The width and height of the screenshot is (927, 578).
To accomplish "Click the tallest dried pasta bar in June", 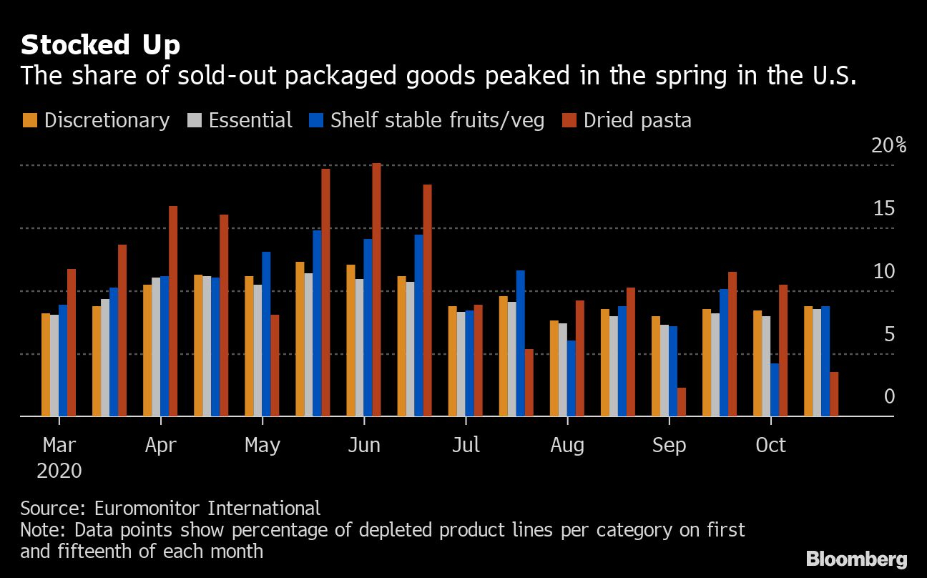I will click(376, 290).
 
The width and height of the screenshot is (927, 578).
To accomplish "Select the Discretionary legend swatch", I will click(29, 120).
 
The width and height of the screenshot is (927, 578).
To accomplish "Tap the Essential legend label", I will click(250, 120).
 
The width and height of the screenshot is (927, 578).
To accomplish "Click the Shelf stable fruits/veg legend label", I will click(437, 120).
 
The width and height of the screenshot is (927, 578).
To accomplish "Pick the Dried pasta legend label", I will click(637, 120).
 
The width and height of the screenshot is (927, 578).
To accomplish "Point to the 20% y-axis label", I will click(889, 145).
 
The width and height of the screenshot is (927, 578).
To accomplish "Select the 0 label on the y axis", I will click(889, 396).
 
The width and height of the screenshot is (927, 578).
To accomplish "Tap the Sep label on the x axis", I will click(669, 445).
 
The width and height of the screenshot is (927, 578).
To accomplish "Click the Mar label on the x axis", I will click(59, 445).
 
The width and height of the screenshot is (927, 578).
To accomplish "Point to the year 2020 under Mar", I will click(59, 471).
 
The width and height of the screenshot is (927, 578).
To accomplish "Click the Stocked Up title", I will click(100, 45).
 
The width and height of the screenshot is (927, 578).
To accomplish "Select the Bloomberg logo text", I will click(856, 559).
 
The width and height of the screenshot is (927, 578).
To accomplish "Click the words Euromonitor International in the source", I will click(207, 509).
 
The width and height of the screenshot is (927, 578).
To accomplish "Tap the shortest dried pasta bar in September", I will click(682, 402).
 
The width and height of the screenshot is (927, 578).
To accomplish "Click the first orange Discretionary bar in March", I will click(46, 365).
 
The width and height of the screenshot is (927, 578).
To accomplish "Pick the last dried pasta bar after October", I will click(834, 394).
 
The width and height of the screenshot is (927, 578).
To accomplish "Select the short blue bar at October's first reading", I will click(775, 390).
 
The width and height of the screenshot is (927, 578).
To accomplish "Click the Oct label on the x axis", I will click(770, 445).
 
